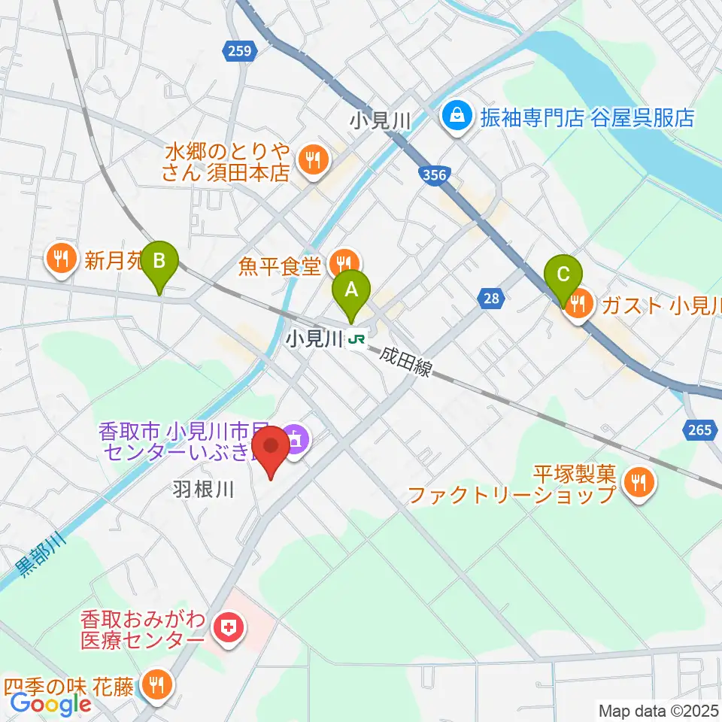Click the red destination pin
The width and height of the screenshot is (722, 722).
(x=270, y=450)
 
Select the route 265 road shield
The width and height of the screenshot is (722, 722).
(x=699, y=430)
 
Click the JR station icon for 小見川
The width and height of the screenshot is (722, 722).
(x=356, y=341)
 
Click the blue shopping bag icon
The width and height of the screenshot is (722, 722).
(x=456, y=117)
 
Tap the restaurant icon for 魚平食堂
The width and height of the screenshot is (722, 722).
(x=344, y=262)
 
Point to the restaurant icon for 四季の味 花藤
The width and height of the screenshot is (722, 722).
(x=157, y=684)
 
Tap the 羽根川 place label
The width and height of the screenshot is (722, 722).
(x=200, y=490)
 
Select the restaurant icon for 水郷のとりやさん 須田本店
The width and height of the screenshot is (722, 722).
(x=310, y=159)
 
